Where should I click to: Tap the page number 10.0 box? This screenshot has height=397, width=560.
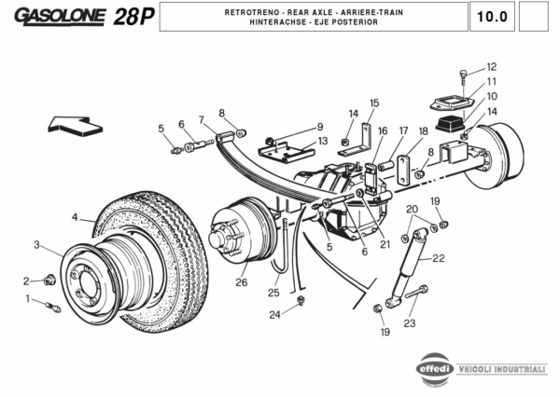[x=492, y=16]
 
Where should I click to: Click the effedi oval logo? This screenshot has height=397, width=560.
[x=436, y=368]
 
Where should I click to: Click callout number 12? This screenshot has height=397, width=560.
[x=492, y=66]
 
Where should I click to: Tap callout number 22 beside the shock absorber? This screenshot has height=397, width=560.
[x=439, y=258]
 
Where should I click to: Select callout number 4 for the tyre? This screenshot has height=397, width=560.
[x=75, y=218]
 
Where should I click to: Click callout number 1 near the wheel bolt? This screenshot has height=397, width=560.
[x=29, y=298]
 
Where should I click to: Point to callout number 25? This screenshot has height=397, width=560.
[x=273, y=293]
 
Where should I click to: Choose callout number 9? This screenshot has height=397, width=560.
[x=319, y=127]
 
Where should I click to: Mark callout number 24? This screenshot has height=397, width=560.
[x=274, y=314]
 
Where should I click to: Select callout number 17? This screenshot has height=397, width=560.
[x=403, y=130]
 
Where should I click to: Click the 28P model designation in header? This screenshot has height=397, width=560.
[x=133, y=16]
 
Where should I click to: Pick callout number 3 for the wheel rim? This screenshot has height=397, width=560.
[x=36, y=245]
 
